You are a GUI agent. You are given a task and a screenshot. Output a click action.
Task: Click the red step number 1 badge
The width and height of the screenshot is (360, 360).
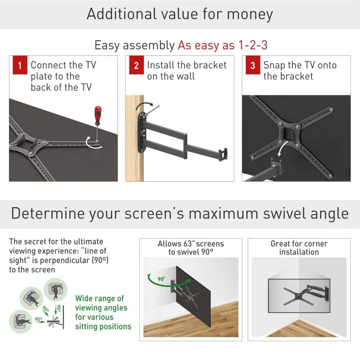click(x=19, y=66)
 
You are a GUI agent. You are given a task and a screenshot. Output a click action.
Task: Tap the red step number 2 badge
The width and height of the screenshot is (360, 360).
click(x=136, y=66)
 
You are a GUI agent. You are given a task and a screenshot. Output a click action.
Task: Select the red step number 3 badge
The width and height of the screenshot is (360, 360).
click(x=252, y=66)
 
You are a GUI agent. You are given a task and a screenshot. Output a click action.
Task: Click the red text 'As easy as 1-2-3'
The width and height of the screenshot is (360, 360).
click(x=222, y=45)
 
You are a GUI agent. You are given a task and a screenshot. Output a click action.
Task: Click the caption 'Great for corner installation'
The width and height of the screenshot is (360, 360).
click(x=299, y=248)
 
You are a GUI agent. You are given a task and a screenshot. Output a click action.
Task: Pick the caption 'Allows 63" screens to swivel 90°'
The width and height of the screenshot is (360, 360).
click(x=190, y=248)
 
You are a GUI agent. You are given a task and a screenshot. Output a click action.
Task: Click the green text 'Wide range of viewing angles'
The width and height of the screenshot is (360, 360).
click(x=101, y=303)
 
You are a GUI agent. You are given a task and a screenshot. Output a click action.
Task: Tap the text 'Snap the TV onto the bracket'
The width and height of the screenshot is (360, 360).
click(x=300, y=71)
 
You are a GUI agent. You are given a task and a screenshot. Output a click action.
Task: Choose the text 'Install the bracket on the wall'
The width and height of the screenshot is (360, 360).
click(x=186, y=71)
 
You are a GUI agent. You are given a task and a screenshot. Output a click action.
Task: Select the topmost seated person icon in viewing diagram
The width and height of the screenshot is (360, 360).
click(x=55, y=290)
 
